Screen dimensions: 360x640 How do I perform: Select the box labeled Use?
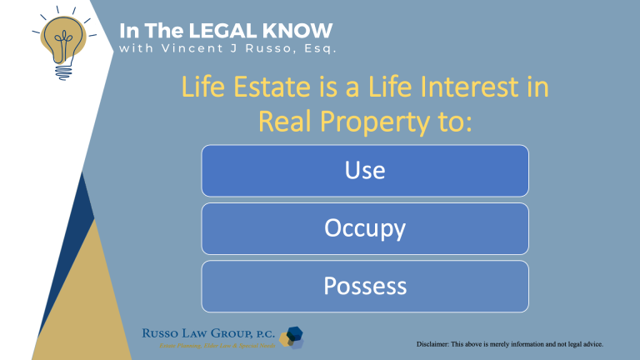365,170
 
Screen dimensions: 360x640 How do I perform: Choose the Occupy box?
365,227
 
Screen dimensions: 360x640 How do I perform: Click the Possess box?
365,286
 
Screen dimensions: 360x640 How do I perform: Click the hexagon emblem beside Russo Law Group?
292,335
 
